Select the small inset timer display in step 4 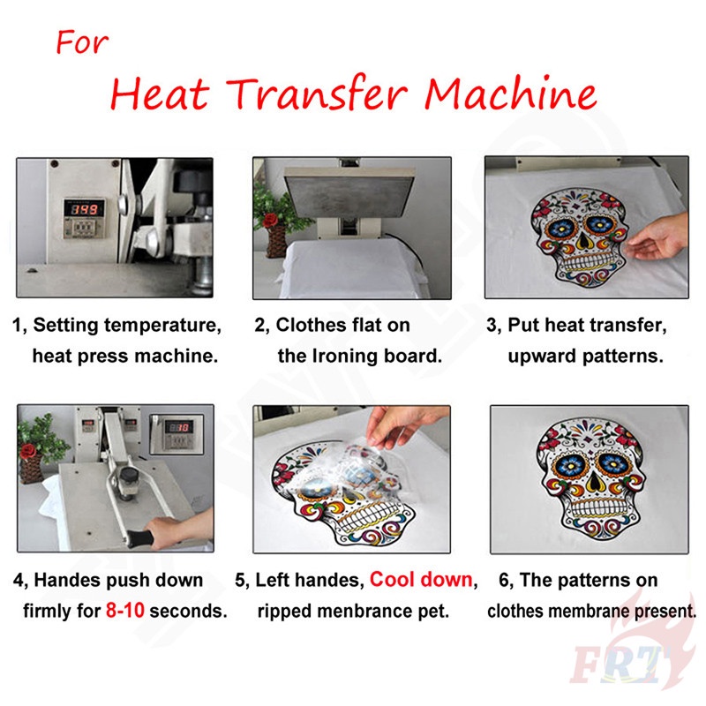click(179, 427)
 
